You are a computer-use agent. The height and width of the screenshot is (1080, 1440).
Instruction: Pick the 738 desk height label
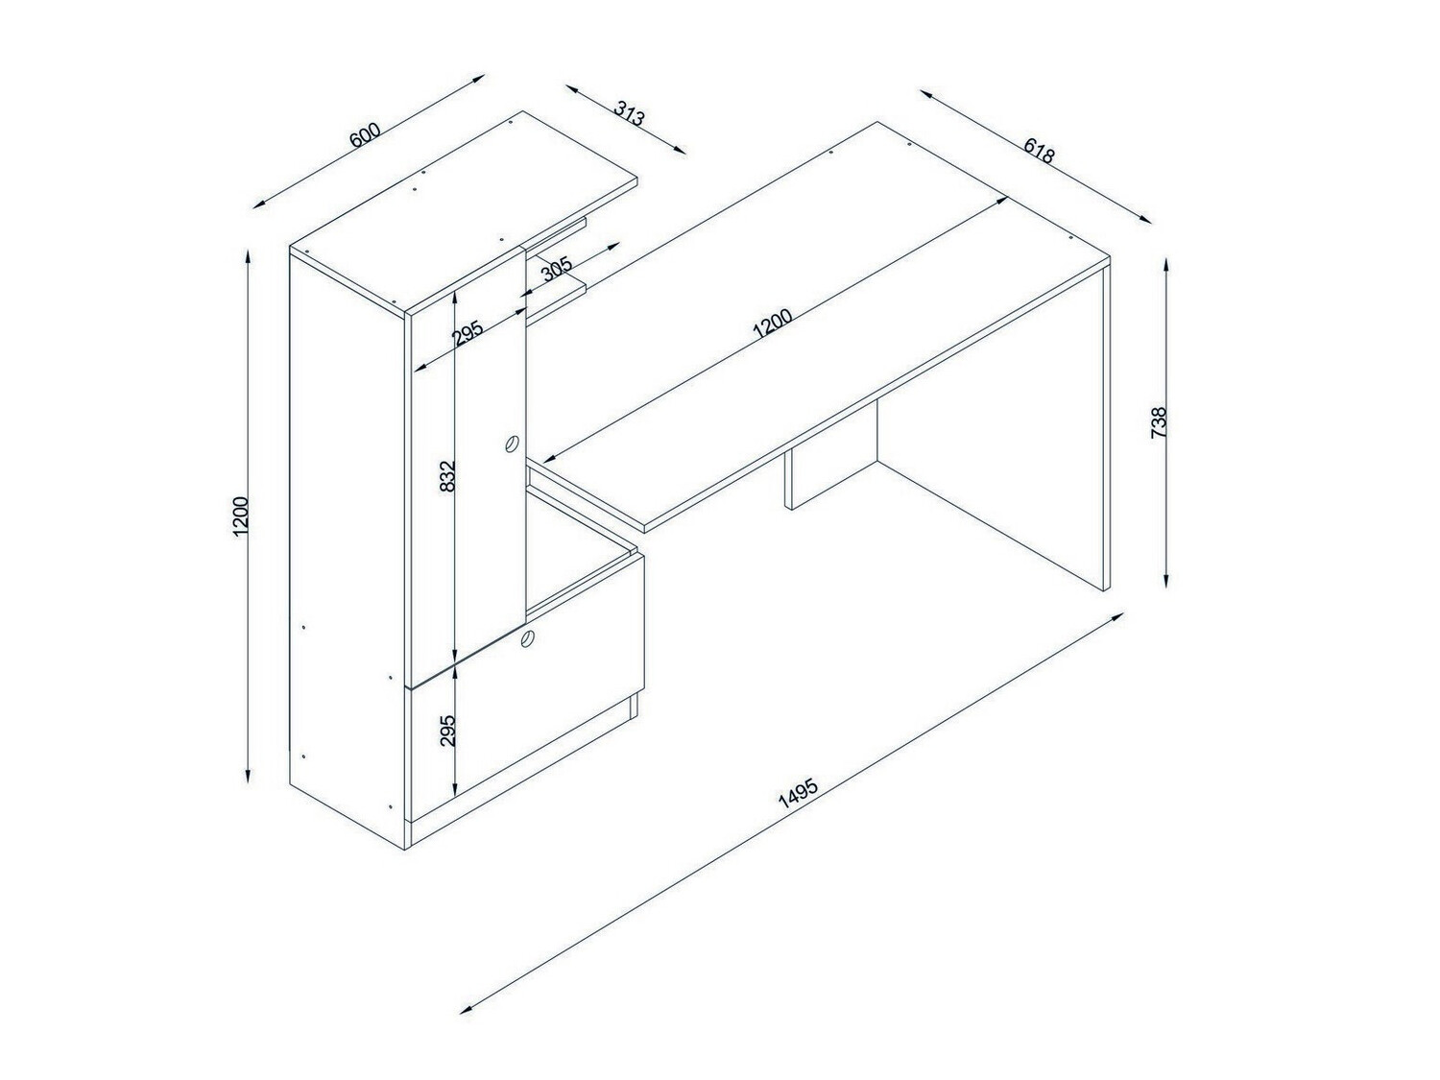pos(1159,422)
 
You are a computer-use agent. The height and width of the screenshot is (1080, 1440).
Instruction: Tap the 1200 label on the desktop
pos(773,324)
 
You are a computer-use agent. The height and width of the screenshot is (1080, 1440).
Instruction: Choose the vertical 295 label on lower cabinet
pos(446,730)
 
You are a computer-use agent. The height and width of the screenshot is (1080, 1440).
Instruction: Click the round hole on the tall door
pos(511,444)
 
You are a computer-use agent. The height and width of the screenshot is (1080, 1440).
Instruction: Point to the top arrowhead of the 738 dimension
pos(1165,264)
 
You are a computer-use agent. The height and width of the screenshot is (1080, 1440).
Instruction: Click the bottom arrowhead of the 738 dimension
pos(1165,581)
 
